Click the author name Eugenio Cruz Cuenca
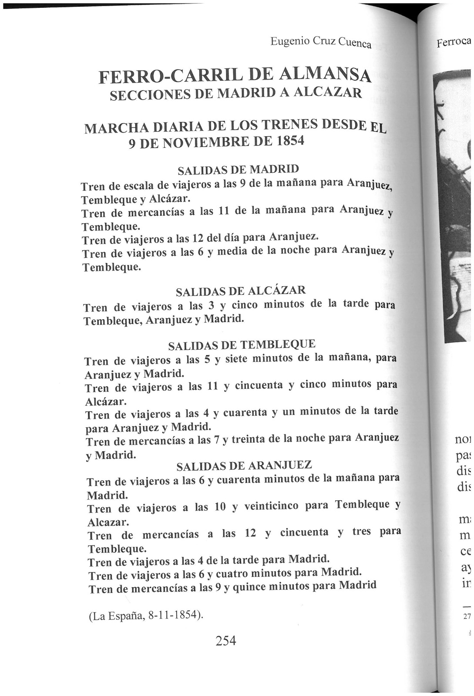coord(321,42)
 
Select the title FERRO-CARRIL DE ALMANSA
coord(235,75)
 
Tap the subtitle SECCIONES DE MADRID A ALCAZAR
coord(235,93)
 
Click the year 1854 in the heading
coord(289,141)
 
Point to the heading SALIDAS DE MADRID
coord(239,169)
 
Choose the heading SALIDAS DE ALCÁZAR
coord(241,291)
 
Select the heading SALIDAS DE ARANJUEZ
coord(244,466)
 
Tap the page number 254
coord(226,640)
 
